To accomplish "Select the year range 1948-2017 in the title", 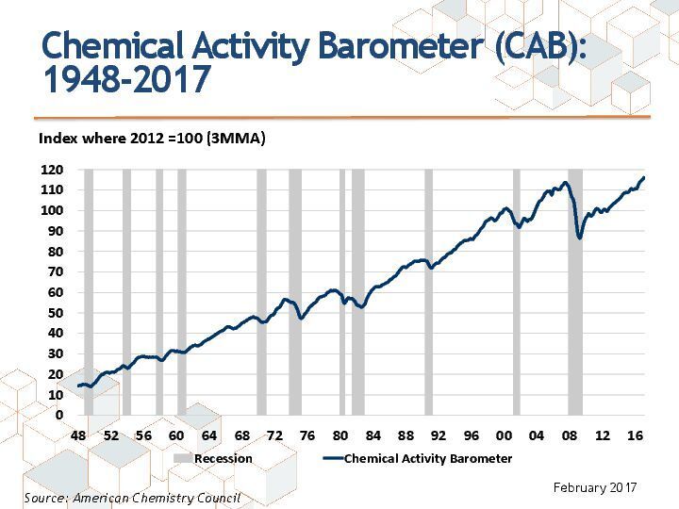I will pos(125,81).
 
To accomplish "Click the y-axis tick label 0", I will pos(58,415).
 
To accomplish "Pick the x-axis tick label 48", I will pos(78,435).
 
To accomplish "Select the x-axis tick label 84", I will pos(373,435).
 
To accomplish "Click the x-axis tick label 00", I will pos(504,435).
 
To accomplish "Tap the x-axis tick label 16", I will pos(635,435).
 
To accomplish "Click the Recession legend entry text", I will pos(224,458).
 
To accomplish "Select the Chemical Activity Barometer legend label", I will pos(428,458).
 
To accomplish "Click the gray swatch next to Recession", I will pos(183,458).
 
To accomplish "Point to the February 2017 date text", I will pos(595,487).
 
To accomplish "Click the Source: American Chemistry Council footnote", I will pos(132,497).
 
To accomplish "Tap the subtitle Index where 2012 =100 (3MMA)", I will pos(152,138).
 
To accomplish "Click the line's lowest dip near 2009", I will pos(580,238).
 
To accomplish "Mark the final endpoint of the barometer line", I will pos(644,177).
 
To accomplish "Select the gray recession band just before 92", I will pos(428,292).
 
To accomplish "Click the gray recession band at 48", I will pos(89,292).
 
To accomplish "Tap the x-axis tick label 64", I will pos(209,435).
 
